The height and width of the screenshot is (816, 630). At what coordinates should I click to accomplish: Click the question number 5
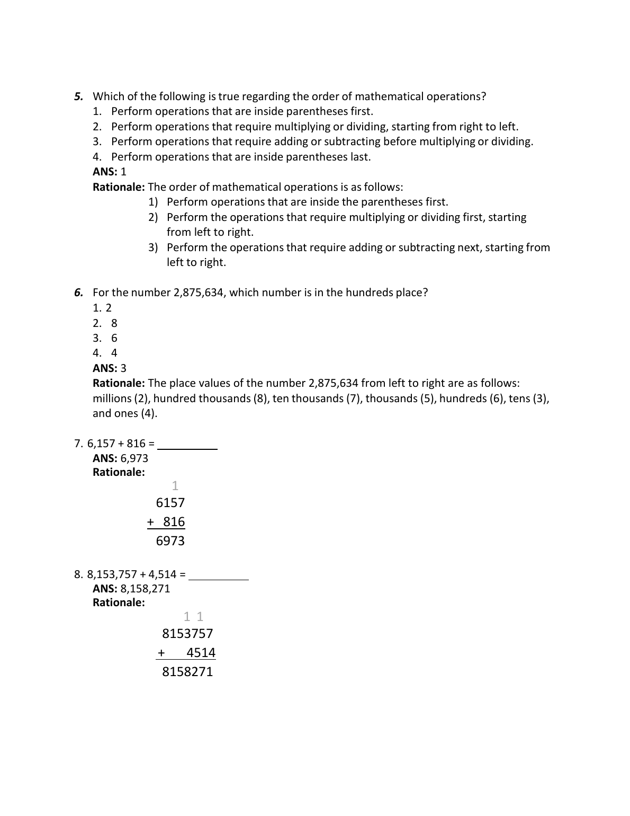point(78,96)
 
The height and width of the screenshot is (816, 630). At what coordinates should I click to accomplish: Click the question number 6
point(78,292)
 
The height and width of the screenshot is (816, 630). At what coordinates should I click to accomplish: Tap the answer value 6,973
point(134,458)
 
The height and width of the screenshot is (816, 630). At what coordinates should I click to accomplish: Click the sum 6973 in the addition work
point(170,541)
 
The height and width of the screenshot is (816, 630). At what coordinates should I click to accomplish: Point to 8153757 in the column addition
point(187,634)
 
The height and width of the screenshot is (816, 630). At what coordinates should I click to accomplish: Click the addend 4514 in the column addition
point(201,653)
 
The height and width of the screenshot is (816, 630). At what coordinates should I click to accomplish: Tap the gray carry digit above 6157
point(175,486)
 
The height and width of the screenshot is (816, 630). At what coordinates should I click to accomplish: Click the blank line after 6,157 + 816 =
point(187,448)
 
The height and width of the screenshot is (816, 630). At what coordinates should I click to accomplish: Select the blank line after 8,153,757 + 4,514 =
point(218,579)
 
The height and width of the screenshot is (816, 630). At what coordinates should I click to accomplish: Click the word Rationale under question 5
point(119,187)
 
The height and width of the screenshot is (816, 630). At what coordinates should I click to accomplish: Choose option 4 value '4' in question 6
point(114,353)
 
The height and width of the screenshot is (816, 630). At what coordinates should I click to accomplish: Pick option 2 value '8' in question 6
point(114,323)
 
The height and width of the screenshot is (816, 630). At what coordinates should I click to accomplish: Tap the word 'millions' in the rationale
point(113,398)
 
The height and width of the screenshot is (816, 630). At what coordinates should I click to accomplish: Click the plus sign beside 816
point(150,522)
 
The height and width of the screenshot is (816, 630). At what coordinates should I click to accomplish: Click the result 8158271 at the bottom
point(187,672)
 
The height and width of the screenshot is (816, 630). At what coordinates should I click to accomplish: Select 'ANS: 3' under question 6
point(110,368)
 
